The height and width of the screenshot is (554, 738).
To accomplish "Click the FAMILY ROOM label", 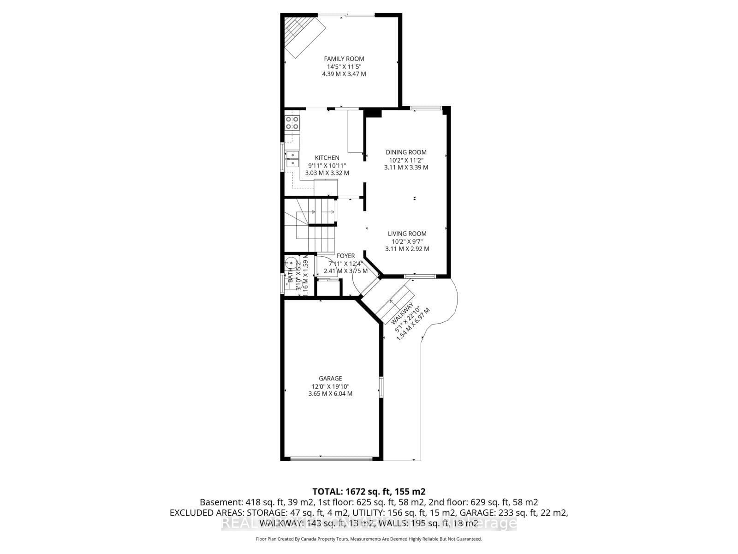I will click(x=344, y=59).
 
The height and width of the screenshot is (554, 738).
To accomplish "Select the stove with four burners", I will click(x=292, y=122).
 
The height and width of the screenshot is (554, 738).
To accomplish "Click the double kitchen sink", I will click(x=292, y=158).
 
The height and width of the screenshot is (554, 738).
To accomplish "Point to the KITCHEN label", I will click(x=327, y=158).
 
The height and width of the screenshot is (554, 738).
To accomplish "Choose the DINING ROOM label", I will click(x=406, y=152).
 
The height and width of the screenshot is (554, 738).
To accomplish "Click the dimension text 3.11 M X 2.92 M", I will click(x=407, y=249).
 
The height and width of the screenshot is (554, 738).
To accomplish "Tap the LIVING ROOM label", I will click(x=407, y=234).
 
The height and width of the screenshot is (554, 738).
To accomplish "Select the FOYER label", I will click(x=345, y=256).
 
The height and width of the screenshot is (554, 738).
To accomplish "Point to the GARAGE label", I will click(x=330, y=379).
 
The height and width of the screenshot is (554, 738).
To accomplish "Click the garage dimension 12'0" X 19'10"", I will click(x=330, y=386).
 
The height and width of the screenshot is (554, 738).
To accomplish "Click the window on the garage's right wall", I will click(x=381, y=386).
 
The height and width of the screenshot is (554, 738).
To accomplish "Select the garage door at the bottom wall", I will click(x=331, y=458).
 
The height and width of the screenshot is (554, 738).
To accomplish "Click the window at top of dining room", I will click(x=426, y=108).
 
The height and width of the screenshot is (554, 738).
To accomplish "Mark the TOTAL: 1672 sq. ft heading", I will click(x=369, y=491).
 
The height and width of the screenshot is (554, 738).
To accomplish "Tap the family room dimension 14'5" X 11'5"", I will click(x=344, y=66).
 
